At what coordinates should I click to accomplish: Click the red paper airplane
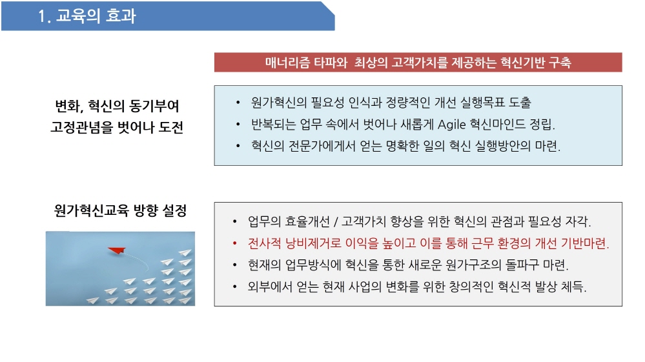tap(117, 250)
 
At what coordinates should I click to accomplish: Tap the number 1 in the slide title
tap(41, 16)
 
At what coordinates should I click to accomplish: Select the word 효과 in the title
tap(121, 16)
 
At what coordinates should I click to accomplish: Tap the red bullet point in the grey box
tap(234, 244)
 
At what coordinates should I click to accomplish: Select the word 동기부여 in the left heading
tap(154, 106)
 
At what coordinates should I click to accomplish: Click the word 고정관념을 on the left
tap(81, 127)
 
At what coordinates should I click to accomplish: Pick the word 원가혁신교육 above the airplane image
tap(91, 210)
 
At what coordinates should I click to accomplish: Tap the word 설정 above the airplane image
tap(174, 210)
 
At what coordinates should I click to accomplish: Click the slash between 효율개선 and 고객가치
tap(336, 222)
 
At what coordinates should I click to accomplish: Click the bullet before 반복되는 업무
tap(238, 125)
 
